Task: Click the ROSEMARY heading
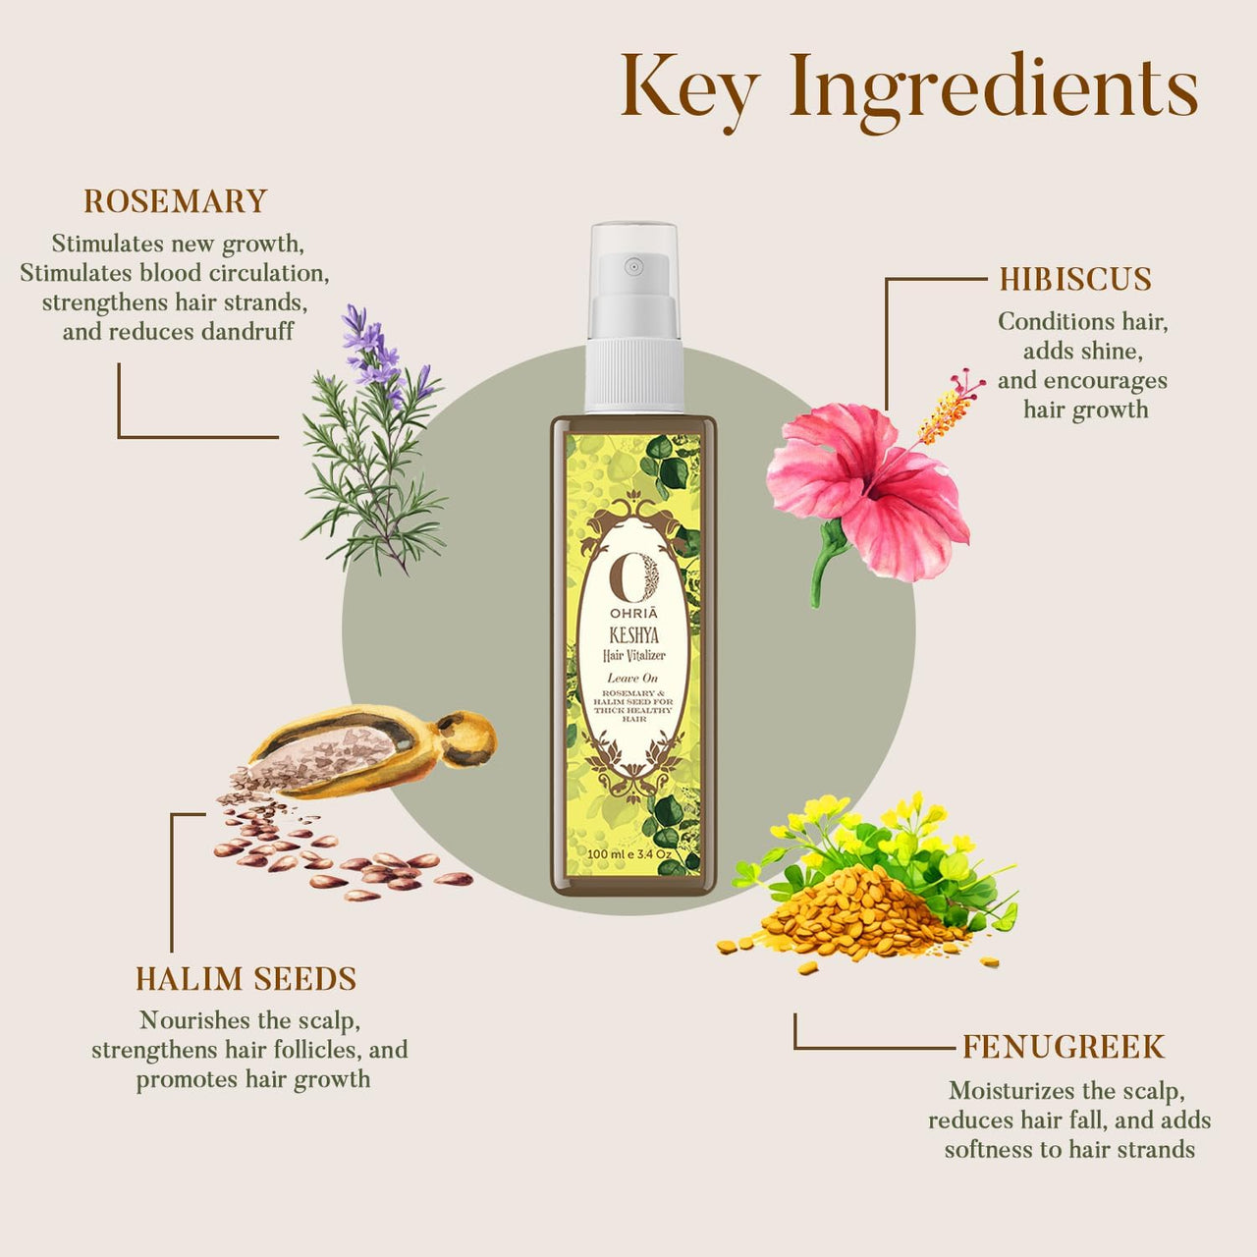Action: click(175, 201)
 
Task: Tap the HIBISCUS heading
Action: click(1075, 279)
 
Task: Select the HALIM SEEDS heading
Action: click(246, 979)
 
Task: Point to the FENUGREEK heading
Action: click(1063, 1047)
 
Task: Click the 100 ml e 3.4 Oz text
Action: click(629, 853)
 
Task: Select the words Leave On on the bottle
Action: click(632, 678)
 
